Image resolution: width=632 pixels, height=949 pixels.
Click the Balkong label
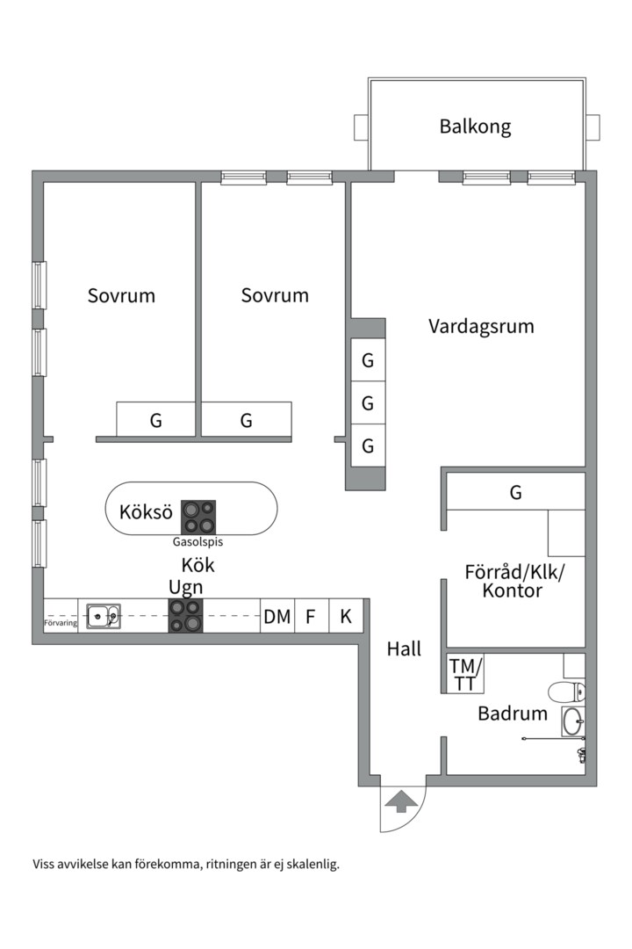[475, 127]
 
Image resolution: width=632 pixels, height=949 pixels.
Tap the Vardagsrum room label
[481, 326]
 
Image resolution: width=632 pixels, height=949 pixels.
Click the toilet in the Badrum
[567, 691]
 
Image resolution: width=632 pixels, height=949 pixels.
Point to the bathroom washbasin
[572, 721]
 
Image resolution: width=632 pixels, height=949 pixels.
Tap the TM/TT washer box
[465, 674]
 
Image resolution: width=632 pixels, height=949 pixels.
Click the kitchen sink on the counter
[104, 616]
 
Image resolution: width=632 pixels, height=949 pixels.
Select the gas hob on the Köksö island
[198, 517]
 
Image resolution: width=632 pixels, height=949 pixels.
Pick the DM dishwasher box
[277, 616]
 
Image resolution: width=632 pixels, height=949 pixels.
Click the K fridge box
[346, 616]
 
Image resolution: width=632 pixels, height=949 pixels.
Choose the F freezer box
[312, 616]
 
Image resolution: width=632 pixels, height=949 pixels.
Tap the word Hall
[404, 649]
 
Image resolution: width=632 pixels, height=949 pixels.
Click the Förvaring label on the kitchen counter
[61, 623]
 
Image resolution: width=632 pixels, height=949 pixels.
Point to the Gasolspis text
[197, 541]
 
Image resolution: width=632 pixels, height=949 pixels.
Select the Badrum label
[513, 714]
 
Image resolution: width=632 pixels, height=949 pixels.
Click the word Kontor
[513, 590]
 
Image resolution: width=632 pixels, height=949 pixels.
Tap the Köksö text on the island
[146, 512]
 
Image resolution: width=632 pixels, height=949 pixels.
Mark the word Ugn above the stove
[186, 588]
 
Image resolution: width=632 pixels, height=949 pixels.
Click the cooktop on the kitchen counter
[186, 616]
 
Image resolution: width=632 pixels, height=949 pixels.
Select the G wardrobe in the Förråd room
[515, 492]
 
